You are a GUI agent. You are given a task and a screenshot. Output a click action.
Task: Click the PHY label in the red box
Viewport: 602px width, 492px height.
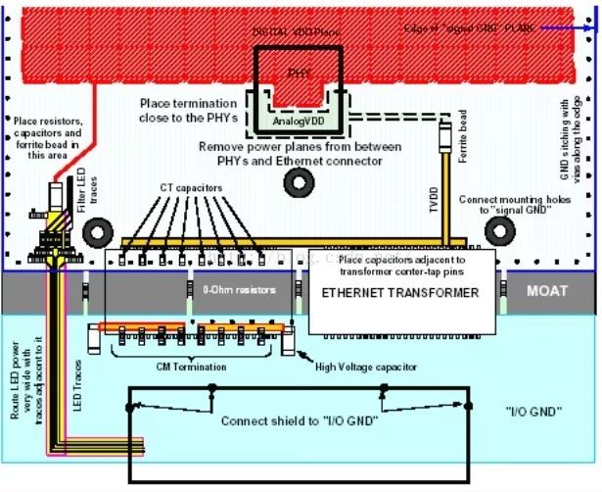coord(299,72)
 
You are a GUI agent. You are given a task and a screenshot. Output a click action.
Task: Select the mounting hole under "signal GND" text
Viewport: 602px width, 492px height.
coord(500,230)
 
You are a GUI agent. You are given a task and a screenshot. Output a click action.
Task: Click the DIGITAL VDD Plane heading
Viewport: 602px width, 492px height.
coord(294,32)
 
